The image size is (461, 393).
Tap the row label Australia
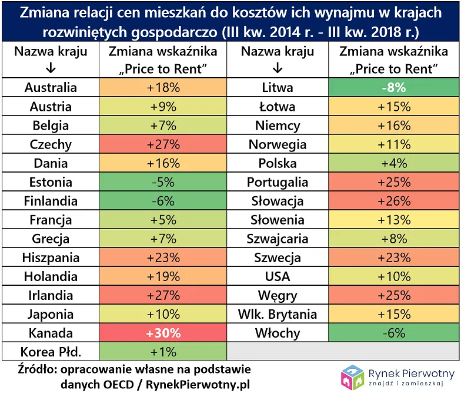pyautogui.click(x=51, y=88)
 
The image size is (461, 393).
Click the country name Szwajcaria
pyautogui.click(x=278, y=239)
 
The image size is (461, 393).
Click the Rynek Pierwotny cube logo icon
pyautogui.click(x=353, y=377)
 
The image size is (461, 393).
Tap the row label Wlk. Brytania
pyautogui.click(x=278, y=314)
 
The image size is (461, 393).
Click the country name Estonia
pyautogui.click(x=51, y=182)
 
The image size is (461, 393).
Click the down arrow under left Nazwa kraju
pyautogui.click(x=51, y=68)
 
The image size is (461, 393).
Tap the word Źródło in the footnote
pyautogui.click(x=36, y=369)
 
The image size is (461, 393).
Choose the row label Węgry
pyautogui.click(x=278, y=295)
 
